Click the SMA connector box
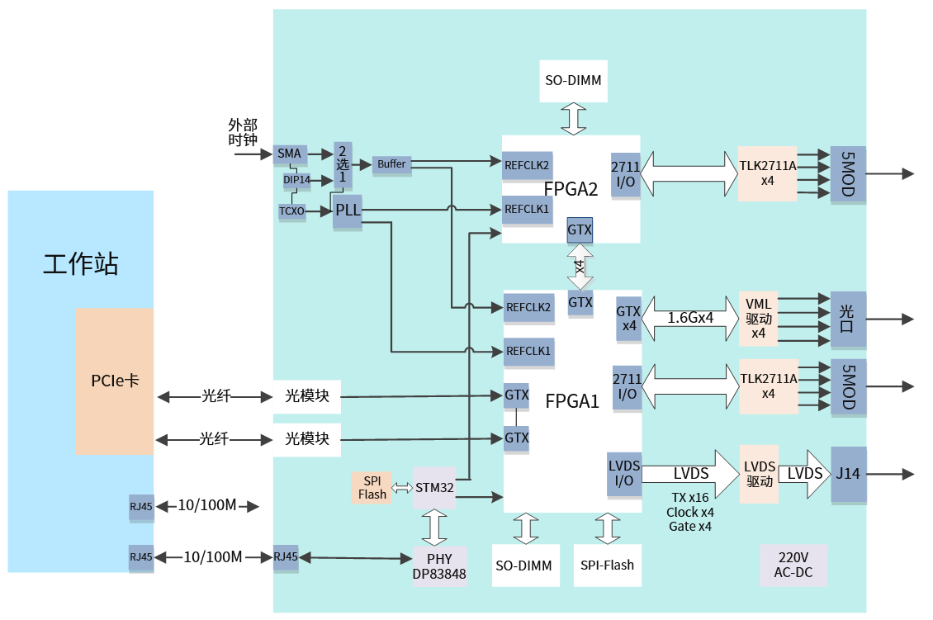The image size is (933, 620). [x=289, y=154]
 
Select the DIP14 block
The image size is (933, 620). [x=296, y=179]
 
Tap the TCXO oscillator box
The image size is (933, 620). [x=291, y=211]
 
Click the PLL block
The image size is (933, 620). [x=348, y=211]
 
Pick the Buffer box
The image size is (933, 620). [x=391, y=164]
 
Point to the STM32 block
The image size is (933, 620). [x=434, y=488]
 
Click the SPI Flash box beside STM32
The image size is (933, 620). [x=372, y=487]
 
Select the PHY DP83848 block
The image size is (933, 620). [x=439, y=566]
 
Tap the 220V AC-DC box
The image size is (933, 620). [x=793, y=566]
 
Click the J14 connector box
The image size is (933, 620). [x=849, y=474]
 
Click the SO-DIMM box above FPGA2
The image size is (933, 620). [x=573, y=81]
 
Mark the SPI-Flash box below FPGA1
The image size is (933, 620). [x=607, y=566]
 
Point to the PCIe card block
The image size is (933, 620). [x=115, y=381]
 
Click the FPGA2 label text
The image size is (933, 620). [x=571, y=188]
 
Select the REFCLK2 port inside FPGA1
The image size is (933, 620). [x=528, y=307]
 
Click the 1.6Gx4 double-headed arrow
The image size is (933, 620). [x=690, y=318]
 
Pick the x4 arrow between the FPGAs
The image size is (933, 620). [x=580, y=266]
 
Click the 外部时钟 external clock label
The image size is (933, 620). [x=243, y=132]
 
